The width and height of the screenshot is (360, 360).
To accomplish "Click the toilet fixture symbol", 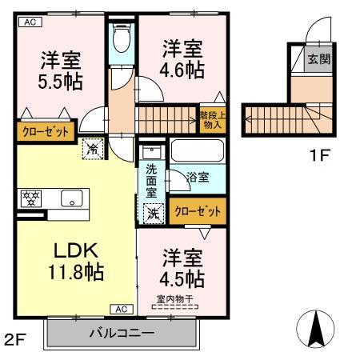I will (122, 38).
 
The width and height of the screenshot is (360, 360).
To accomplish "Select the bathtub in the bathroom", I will (197, 151).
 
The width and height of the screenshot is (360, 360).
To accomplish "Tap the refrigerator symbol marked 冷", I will (92, 147).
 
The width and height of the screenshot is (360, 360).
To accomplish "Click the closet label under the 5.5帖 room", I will (45, 130).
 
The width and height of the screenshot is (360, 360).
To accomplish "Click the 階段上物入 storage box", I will (212, 120).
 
